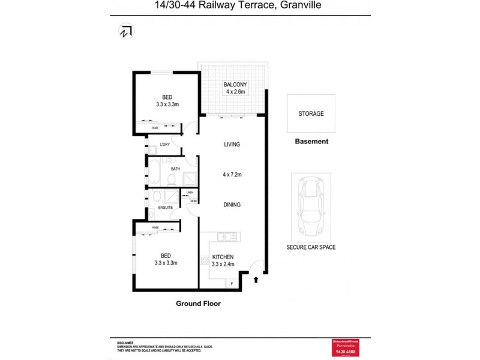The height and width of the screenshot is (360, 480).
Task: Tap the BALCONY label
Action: [235, 85]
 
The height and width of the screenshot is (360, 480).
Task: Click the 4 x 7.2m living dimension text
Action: [232, 175]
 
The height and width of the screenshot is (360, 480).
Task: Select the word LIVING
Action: [232, 145]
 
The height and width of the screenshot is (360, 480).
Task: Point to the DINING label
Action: [232, 205]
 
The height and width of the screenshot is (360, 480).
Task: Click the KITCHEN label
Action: [223, 257]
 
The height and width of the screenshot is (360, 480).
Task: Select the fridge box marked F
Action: [231, 283]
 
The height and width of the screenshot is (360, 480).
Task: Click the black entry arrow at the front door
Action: [257, 279]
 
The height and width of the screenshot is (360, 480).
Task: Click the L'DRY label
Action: [165, 145]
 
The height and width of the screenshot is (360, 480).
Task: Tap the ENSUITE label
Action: [166, 208]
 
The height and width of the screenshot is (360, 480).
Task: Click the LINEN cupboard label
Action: [190, 193]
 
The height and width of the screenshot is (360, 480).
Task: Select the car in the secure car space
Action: [311, 207]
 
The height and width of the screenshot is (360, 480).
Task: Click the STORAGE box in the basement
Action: [311, 114]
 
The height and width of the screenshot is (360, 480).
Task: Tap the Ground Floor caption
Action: [198, 304]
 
